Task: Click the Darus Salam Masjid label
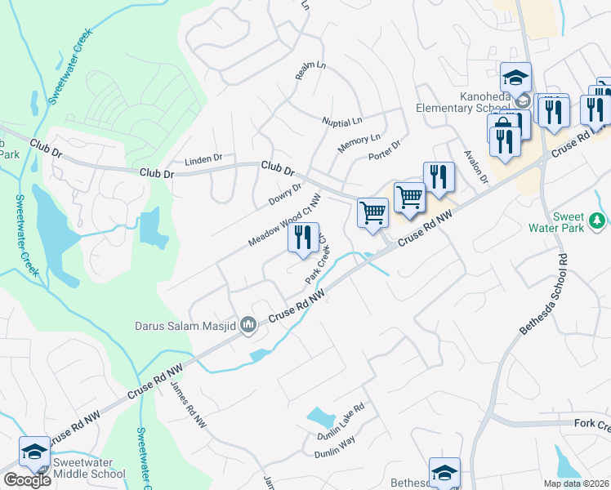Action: pos(185,326)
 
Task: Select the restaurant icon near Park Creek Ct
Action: pos(303,238)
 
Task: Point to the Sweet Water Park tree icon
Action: pos(598,219)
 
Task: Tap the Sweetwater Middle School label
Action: pos(88,468)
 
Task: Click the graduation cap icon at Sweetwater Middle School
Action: pos(35,452)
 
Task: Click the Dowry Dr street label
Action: pos(285,194)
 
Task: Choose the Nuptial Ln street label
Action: pos(341,122)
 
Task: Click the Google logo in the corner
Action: pos(27,480)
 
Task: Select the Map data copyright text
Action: pos(576,483)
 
